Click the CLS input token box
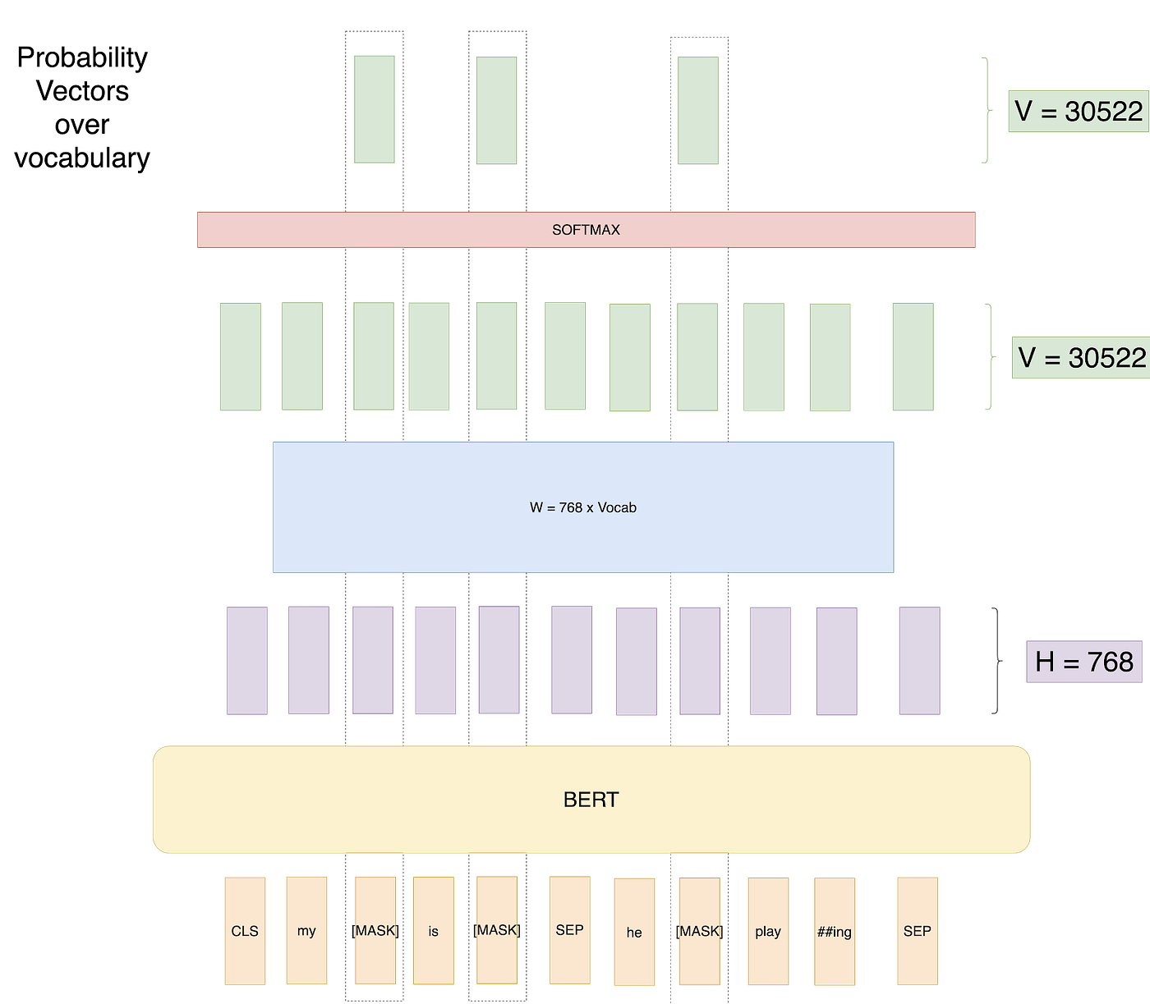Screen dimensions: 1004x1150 [x=245, y=930]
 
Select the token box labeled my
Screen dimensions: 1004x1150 [x=306, y=930]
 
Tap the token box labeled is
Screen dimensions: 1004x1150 [x=433, y=931]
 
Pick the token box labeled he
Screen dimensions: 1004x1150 [x=634, y=932]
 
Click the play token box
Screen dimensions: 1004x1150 [x=768, y=931]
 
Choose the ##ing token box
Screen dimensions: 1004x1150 [x=835, y=932]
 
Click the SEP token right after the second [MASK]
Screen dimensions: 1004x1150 [x=569, y=929]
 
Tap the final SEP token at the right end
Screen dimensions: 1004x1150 [x=918, y=930]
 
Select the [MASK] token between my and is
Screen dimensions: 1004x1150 [x=375, y=930]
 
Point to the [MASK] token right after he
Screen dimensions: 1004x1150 [x=699, y=931]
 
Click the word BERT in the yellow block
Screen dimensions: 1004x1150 [x=591, y=800]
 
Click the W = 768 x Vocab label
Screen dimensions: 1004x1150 [x=583, y=507]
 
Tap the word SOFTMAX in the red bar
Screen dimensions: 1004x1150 [x=586, y=230]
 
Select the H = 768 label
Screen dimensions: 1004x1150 [x=1083, y=662]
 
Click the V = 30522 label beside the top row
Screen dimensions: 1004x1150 [x=1078, y=111]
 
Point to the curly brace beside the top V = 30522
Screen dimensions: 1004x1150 [x=986, y=110]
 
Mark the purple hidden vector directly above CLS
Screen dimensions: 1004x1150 [x=246, y=661]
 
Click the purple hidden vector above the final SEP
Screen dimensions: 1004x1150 [x=919, y=661]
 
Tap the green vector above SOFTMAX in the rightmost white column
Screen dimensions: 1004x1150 [x=698, y=110]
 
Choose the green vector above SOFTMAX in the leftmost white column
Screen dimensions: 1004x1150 [x=375, y=109]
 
